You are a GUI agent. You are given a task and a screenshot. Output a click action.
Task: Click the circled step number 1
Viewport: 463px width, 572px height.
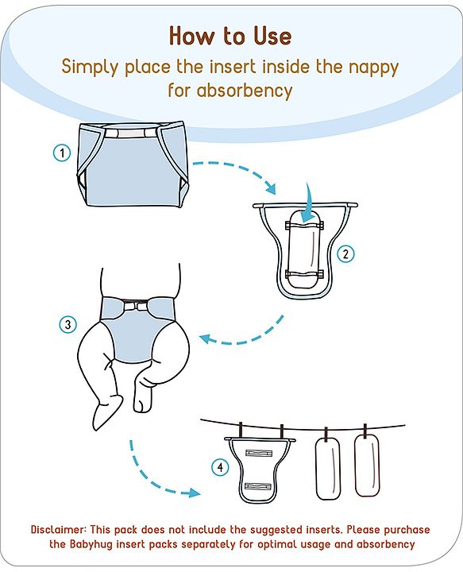pos(62,153)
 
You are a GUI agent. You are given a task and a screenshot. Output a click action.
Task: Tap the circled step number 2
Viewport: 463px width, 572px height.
pos(345,253)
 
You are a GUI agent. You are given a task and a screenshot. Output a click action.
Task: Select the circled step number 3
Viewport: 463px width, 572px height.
pos(68,324)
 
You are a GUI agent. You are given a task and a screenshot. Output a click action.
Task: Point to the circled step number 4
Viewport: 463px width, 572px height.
pos(220,467)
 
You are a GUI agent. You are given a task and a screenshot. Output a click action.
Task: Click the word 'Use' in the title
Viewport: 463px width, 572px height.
pos(272,36)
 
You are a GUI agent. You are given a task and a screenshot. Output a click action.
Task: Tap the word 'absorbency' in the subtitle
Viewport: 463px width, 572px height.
pos(245,90)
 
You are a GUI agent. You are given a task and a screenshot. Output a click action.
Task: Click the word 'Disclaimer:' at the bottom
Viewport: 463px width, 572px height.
pos(59,529)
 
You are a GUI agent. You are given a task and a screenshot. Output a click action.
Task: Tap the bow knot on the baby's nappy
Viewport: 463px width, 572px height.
pos(135,304)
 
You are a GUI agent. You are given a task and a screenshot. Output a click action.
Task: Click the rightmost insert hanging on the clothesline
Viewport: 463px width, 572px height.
pos(367,466)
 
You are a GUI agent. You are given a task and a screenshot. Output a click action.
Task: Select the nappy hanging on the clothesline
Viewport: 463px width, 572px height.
pos(260,470)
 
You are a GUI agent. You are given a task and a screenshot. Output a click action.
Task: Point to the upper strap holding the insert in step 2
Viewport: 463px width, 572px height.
pos(304,226)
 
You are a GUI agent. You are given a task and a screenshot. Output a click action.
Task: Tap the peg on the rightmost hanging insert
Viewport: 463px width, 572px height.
pos(365,431)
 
